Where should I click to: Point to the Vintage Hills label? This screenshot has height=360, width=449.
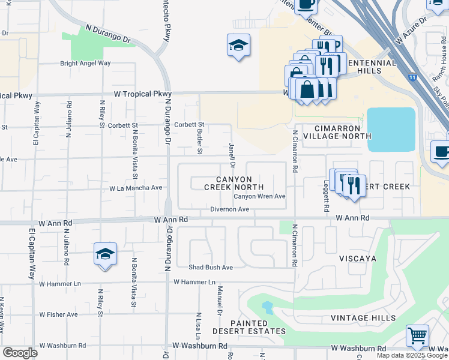click(x=363, y=318)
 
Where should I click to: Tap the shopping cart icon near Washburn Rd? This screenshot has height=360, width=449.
click(x=417, y=336)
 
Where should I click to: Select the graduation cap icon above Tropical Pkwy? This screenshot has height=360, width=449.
click(x=238, y=46)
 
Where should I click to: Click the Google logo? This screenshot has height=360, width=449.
click(x=20, y=353)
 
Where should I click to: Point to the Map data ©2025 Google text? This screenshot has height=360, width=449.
click(x=412, y=355)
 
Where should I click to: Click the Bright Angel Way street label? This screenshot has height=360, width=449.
click(x=85, y=63)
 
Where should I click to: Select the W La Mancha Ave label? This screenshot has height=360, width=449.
click(x=136, y=188)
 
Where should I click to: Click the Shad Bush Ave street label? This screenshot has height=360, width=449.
click(x=210, y=267)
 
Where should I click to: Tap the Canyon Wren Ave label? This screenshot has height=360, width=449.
click(x=259, y=196)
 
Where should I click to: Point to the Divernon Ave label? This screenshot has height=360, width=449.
click(x=229, y=209)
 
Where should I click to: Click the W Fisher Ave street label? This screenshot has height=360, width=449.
click(x=59, y=314)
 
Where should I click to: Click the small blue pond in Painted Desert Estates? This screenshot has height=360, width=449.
click(x=267, y=308)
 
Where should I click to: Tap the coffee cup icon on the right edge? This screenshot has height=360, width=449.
click(x=441, y=152)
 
